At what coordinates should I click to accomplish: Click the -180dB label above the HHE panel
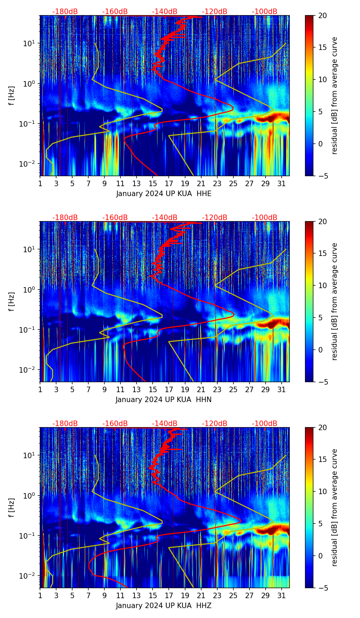(x=65, y=12)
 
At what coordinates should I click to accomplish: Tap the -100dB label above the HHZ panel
(x=265, y=424)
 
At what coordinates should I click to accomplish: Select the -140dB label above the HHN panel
(x=165, y=218)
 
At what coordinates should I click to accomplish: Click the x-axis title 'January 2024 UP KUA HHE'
(x=164, y=194)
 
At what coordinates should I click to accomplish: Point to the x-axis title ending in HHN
(x=164, y=400)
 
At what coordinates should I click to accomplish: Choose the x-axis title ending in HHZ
(x=164, y=606)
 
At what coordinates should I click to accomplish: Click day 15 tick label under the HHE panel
(x=153, y=183)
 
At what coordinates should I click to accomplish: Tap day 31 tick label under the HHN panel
(x=281, y=389)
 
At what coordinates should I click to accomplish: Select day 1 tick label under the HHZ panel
(x=40, y=595)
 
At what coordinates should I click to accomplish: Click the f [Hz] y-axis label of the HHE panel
(x=12, y=96)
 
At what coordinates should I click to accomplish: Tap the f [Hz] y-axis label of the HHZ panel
(x=12, y=508)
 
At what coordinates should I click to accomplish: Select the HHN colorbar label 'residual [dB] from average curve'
(x=335, y=301)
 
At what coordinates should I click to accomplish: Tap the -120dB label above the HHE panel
(x=215, y=12)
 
